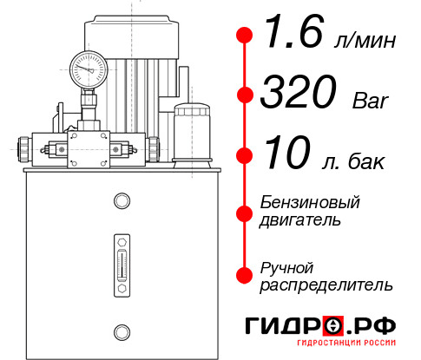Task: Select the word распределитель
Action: click(x=326, y=285)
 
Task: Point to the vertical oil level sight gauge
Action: click(x=121, y=260)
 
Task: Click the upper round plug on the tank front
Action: click(x=121, y=201)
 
